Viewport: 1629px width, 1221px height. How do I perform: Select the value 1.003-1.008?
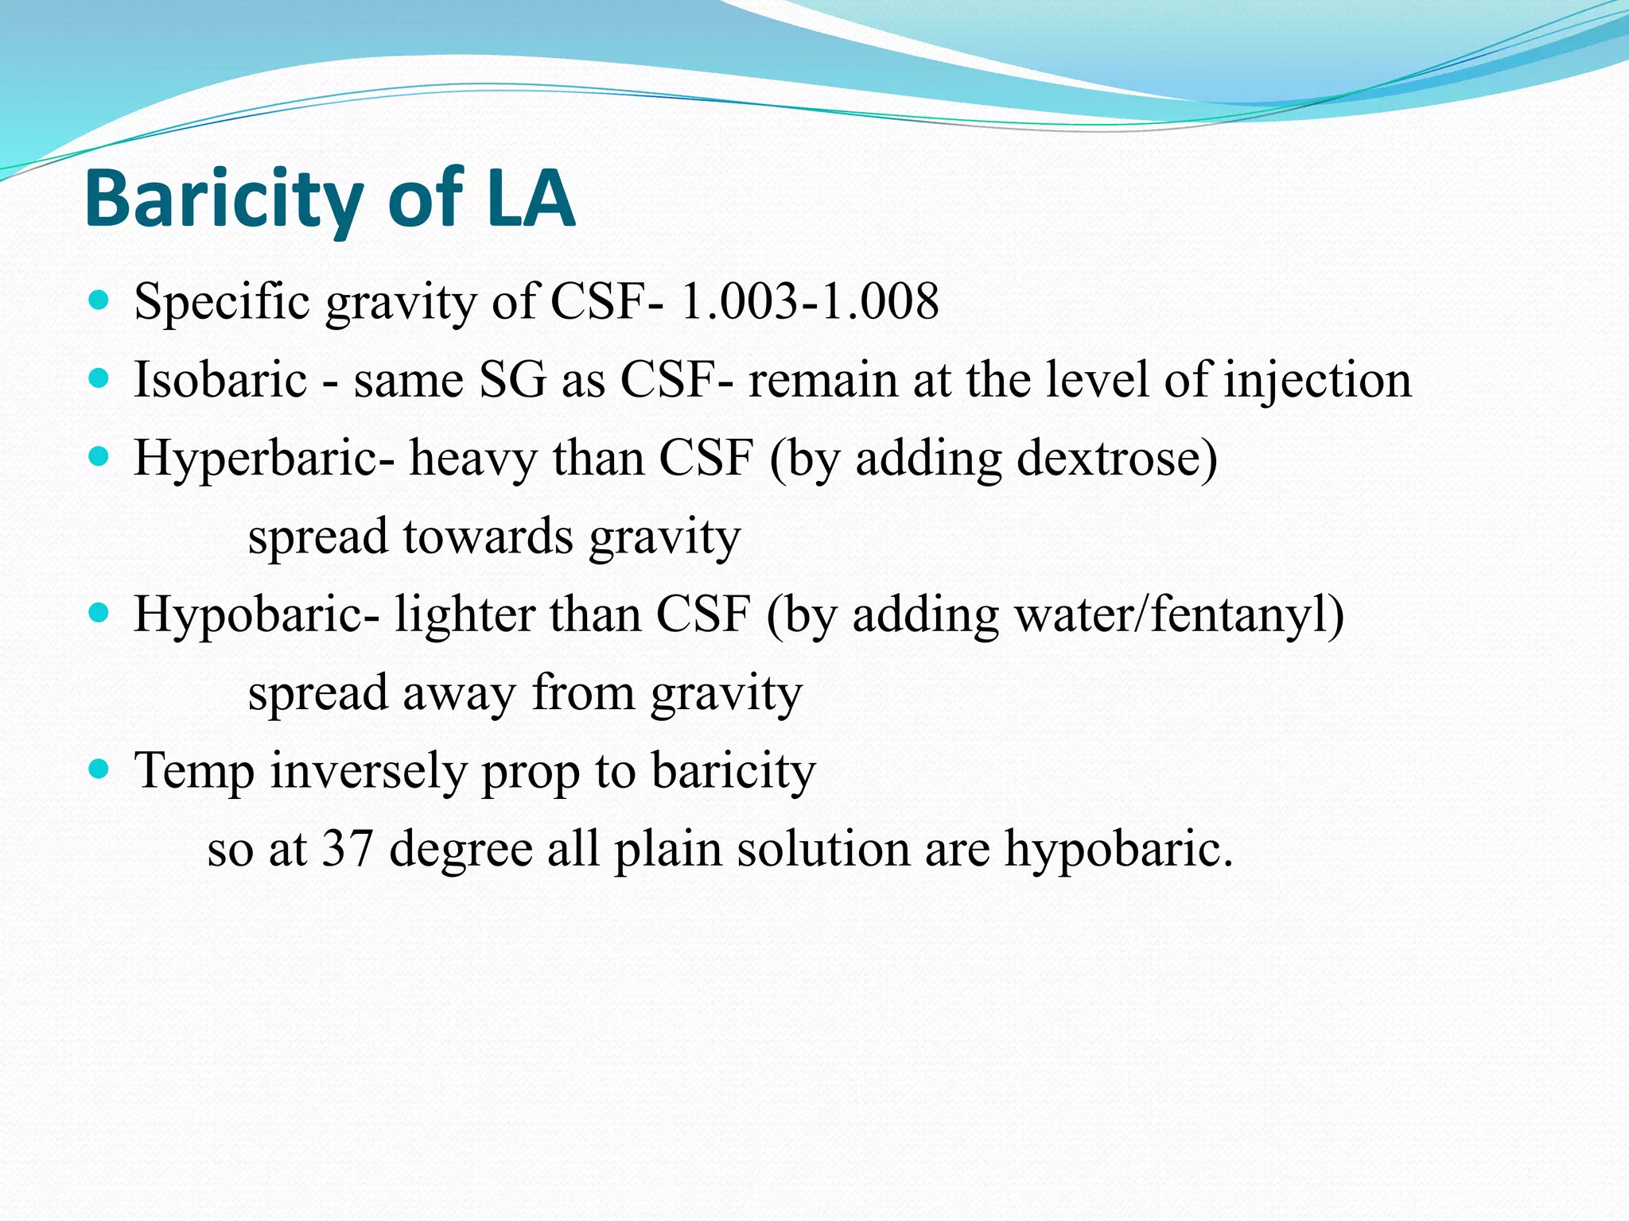[x=810, y=302]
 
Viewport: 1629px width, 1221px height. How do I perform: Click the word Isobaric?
[x=220, y=379]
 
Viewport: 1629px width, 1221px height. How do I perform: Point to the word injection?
[x=1317, y=381]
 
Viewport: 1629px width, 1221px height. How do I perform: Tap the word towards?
[x=488, y=537]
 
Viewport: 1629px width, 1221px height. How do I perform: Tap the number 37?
[x=348, y=848]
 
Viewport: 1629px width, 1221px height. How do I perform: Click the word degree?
[x=461, y=850]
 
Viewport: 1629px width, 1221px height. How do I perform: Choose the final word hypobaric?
[x=1118, y=849]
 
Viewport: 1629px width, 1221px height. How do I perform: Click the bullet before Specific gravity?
[x=99, y=300]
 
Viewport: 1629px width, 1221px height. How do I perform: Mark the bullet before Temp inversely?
[x=99, y=769]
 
